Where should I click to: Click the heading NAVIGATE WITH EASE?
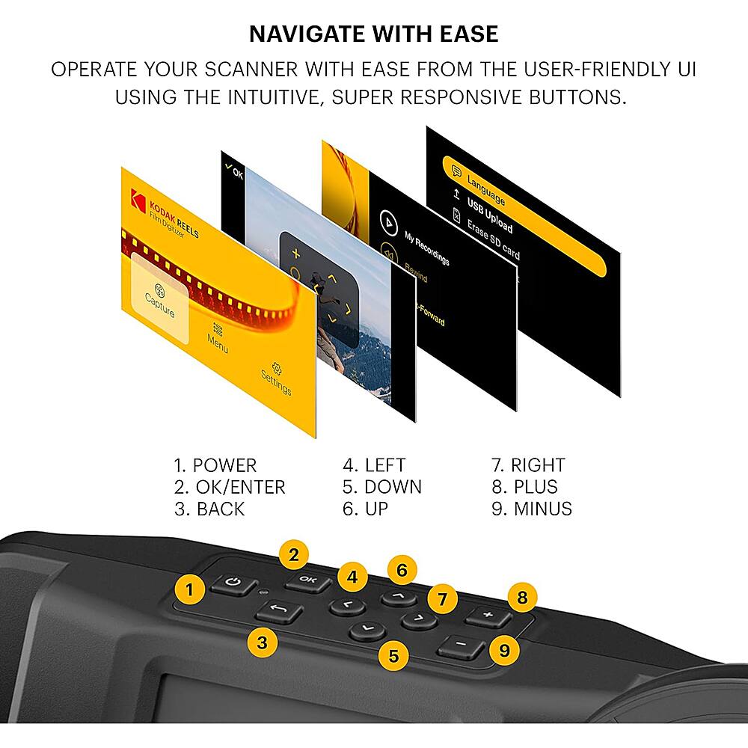point(373,34)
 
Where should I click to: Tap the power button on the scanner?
point(233,585)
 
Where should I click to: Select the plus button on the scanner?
point(488,616)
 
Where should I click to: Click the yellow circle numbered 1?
point(190,590)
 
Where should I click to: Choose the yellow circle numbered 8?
point(522,598)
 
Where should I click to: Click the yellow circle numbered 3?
point(262,642)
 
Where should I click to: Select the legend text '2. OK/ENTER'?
point(230,487)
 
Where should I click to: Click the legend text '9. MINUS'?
point(531,509)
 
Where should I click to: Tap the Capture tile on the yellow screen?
point(159,299)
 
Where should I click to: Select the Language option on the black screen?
point(486,190)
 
